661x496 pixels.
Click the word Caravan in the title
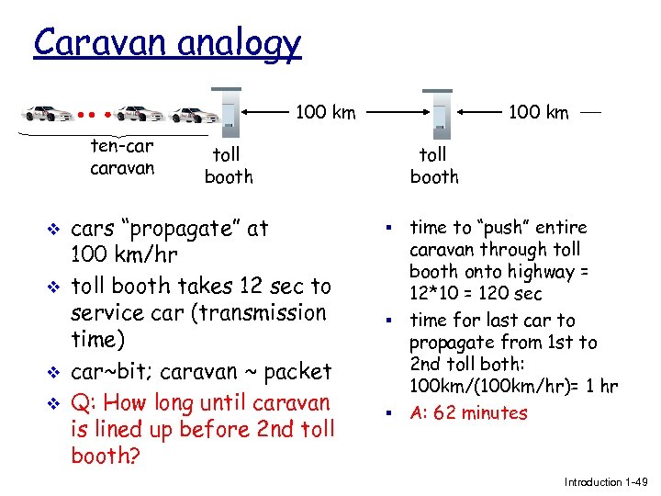pos(96,42)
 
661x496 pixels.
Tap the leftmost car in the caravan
pos(50,114)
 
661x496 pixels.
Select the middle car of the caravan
pos(140,114)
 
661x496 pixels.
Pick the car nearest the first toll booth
pos(195,115)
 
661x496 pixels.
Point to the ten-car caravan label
pos(122,157)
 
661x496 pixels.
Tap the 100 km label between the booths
pos(325,113)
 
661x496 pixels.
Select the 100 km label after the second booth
pos(539,113)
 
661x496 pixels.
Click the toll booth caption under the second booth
pos(433,165)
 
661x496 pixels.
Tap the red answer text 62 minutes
pos(481,412)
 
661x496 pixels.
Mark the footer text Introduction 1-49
pos(606,481)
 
